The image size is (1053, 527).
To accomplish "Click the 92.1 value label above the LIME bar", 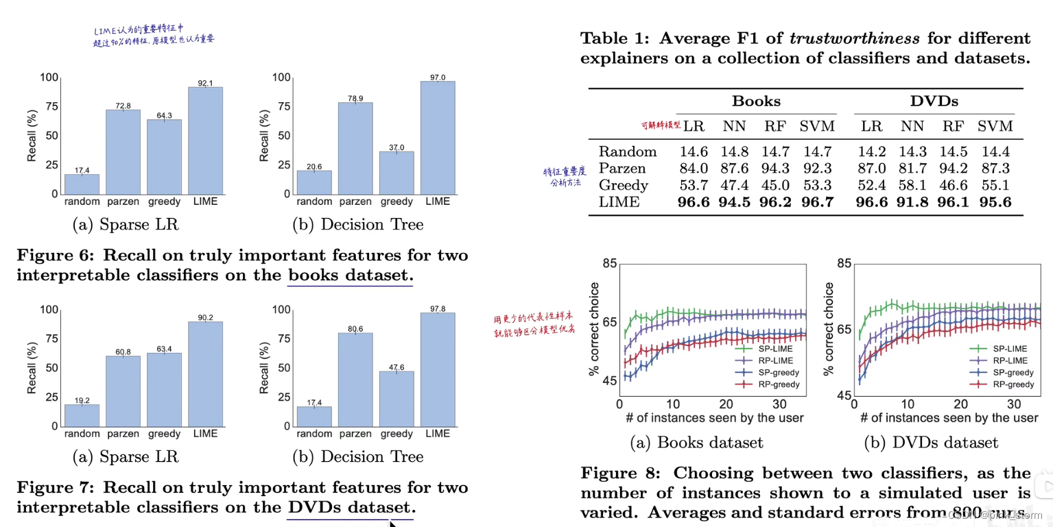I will coord(206,83).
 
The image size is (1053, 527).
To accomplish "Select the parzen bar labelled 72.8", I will coord(123,151).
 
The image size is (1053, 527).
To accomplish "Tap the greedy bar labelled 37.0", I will coord(397,172).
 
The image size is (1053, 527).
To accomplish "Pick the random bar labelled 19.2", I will coord(82,415).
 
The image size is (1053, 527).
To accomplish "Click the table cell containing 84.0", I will coord(694,169).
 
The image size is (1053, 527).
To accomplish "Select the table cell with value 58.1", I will coord(913,185).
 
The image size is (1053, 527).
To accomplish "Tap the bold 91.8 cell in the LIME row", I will coord(913,202).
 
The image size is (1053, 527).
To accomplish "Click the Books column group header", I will coord(756,101).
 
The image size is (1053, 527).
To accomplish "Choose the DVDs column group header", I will coord(934,101).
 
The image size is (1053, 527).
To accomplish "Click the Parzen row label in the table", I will coord(622,169).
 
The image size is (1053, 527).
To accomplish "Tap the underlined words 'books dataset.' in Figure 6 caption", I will coord(351,275).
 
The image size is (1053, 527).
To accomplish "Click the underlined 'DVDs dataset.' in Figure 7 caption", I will coord(351,508).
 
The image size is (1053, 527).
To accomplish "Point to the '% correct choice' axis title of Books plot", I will coord(594,329).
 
